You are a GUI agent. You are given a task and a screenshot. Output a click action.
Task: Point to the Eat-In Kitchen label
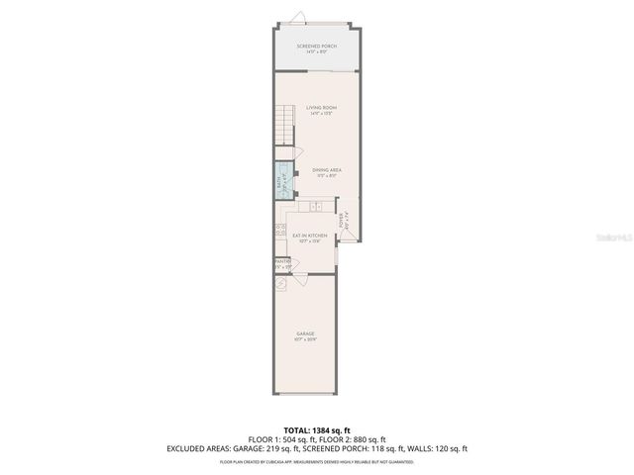point(309,237)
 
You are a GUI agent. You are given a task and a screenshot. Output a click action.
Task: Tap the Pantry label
point(282,263)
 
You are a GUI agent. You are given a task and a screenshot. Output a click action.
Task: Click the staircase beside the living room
point(284,127)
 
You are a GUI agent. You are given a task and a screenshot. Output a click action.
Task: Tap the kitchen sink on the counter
point(315,207)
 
